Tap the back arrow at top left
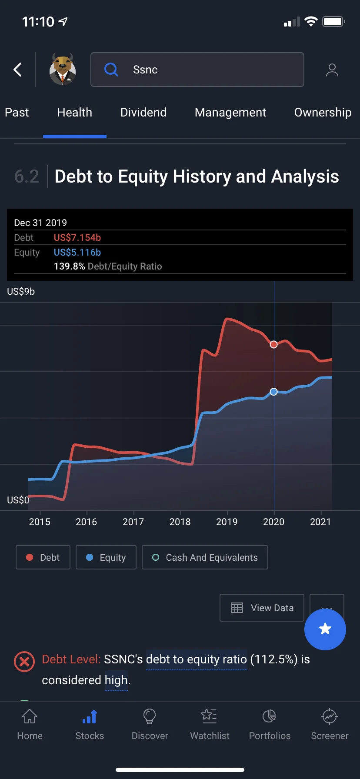click(x=17, y=70)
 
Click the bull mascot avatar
click(x=63, y=69)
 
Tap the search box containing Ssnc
click(x=197, y=70)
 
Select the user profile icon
click(x=332, y=70)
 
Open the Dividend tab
click(x=143, y=113)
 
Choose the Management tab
click(x=230, y=113)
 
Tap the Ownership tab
click(x=323, y=113)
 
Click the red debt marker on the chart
click(x=273, y=344)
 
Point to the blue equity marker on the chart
click(x=273, y=392)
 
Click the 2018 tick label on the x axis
click(x=180, y=522)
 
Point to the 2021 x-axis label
click(x=320, y=522)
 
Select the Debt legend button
click(x=43, y=557)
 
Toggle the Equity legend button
click(x=106, y=557)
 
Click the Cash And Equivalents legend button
click(x=205, y=557)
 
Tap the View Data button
click(x=262, y=608)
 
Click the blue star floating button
click(x=325, y=629)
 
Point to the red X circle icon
click(x=24, y=662)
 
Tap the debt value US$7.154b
click(x=77, y=238)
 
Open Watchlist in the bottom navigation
click(x=210, y=724)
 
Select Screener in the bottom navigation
click(x=330, y=724)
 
